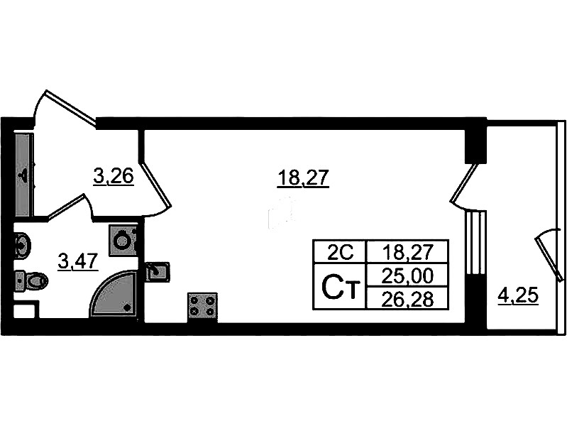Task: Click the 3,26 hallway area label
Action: (114, 177)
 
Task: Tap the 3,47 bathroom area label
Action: (78, 261)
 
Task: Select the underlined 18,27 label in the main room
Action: (303, 179)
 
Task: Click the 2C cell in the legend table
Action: (340, 252)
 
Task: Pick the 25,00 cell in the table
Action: (407, 275)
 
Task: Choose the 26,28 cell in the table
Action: (407, 299)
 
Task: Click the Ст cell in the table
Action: (340, 287)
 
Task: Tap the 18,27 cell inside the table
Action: (407, 252)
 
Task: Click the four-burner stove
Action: (202, 307)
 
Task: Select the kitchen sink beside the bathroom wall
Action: (158, 271)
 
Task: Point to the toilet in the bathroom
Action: (31, 280)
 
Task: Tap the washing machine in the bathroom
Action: (123, 240)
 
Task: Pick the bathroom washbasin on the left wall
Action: (22, 246)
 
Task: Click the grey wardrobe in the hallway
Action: (25, 175)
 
